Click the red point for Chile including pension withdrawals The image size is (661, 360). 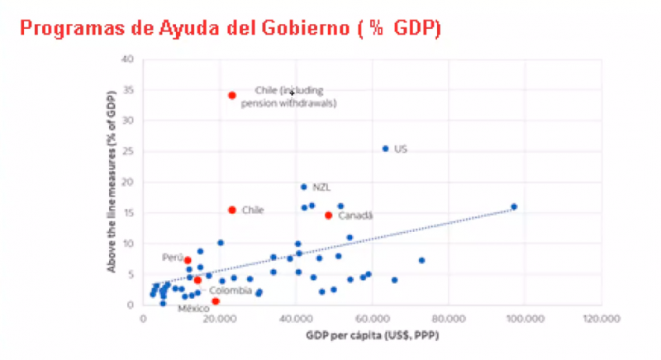coord(232,96)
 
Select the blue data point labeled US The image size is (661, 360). coord(385,149)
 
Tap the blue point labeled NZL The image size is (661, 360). coord(303,187)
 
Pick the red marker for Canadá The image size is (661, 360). coord(328,216)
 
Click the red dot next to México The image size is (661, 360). coord(216,301)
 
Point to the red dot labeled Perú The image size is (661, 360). coord(188,261)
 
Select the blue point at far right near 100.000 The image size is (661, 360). coord(514,206)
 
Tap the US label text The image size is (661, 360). coord(401,149)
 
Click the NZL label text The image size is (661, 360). coord(321,187)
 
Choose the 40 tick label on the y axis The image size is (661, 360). coord(126,59)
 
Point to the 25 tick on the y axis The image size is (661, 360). coord(126,151)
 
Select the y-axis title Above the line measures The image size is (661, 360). coord(108,182)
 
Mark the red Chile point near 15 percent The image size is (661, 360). coord(232,210)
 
